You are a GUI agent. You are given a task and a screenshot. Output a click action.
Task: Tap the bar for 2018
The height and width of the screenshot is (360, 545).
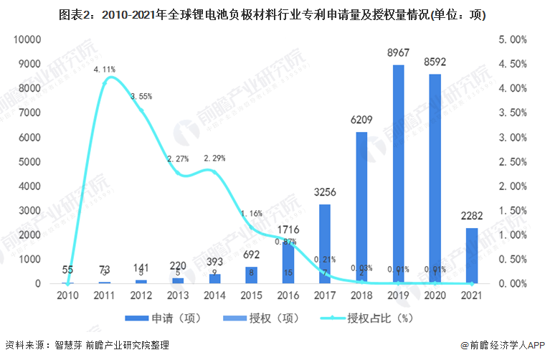361,207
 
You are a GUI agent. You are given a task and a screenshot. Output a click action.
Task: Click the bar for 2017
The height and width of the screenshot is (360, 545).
325,243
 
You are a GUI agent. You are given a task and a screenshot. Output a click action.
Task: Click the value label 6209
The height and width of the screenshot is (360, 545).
361,120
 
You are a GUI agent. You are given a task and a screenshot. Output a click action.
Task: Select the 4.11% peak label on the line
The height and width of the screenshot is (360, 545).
105,70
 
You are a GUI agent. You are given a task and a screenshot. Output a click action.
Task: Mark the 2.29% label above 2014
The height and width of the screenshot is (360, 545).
215,158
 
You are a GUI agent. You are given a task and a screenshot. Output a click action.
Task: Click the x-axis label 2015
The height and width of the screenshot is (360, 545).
251,295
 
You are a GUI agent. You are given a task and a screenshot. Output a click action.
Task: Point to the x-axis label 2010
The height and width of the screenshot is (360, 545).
68,295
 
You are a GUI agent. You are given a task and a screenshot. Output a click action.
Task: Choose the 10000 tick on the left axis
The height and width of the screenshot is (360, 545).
28,39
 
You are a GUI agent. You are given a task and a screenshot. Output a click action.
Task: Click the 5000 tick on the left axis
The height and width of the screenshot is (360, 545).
31,161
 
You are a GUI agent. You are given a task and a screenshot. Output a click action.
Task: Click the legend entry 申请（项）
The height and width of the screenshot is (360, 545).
172,317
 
